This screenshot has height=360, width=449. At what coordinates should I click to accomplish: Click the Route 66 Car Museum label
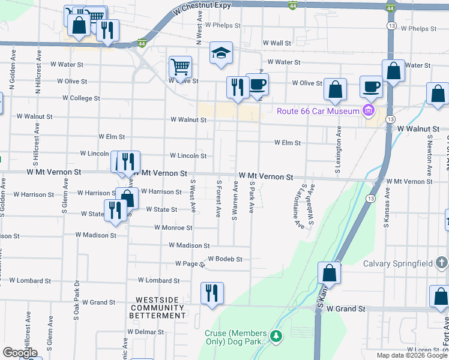pyautogui.click(x=317, y=111)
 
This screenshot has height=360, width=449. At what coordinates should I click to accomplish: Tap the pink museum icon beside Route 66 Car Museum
pyautogui.click(x=369, y=110)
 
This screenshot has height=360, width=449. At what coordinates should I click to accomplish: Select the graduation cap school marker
pyautogui.click(x=221, y=53)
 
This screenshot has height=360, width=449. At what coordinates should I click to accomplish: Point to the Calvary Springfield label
pyautogui.click(x=397, y=263)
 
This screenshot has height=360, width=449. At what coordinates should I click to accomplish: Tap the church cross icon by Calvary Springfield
pyautogui.click(x=441, y=263)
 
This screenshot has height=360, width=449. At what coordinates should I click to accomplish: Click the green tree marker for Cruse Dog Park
pyautogui.click(x=276, y=335)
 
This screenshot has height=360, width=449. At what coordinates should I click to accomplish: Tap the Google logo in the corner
pyautogui.click(x=20, y=352)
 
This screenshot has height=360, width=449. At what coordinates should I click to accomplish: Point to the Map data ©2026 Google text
pyautogui.click(x=411, y=355)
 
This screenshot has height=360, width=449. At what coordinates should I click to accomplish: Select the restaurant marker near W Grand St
pyautogui.click(x=212, y=293)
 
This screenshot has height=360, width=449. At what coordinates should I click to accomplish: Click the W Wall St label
pyautogui.click(x=277, y=43)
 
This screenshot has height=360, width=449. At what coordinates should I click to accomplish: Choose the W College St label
pyautogui.click(x=81, y=98)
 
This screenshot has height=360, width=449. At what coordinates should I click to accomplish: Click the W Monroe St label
pyautogui.click(x=173, y=228)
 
